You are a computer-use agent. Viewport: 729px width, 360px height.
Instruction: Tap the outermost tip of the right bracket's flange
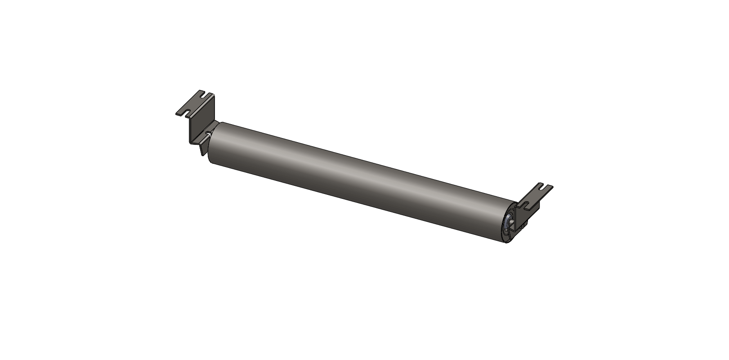(553, 186)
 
